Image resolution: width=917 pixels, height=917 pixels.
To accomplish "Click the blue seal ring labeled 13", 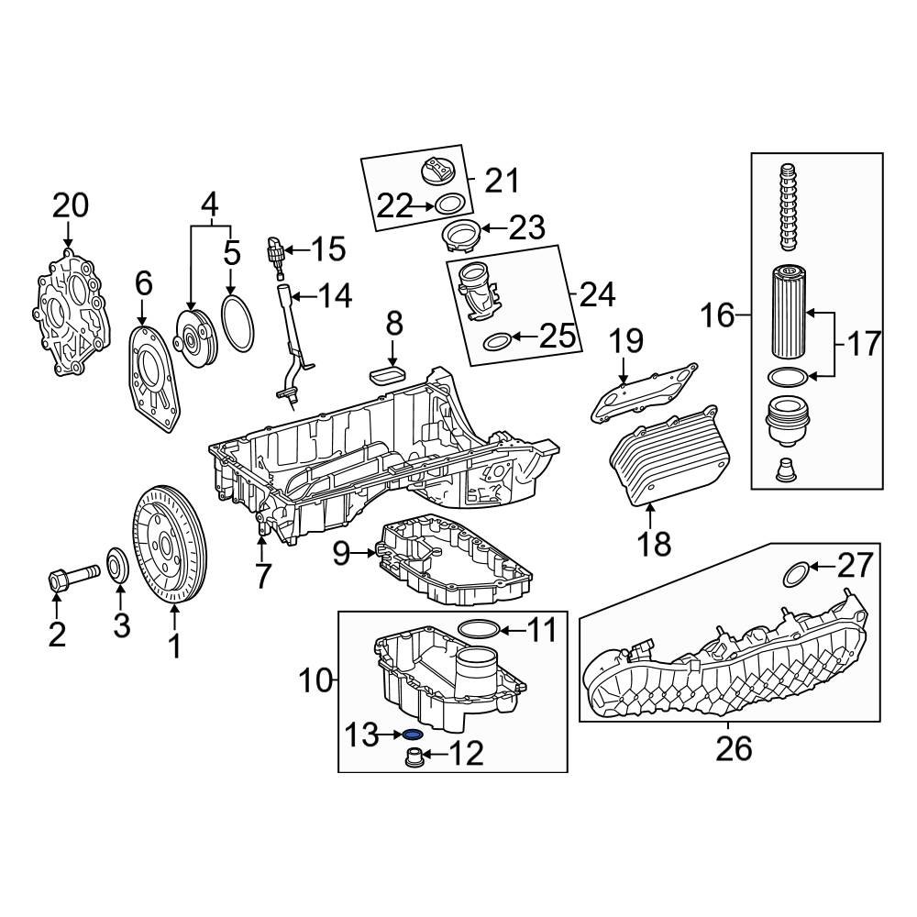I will click(413, 734).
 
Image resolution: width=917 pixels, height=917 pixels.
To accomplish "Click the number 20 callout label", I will click(70, 206).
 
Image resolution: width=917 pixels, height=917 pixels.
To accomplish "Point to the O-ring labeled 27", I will click(795, 574).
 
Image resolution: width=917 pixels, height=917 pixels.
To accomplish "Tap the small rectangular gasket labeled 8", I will click(386, 373).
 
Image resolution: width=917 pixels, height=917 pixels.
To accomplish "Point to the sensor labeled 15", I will click(273, 249).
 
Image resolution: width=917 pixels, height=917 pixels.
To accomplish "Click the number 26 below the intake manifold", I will click(734, 748).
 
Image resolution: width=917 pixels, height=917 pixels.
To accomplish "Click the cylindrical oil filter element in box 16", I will click(788, 312).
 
